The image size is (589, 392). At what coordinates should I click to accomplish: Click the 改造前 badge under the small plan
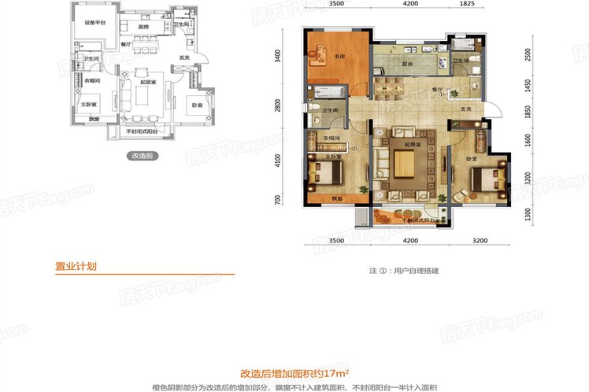(x=143, y=156)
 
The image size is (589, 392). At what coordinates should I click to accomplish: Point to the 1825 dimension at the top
(x=466, y=5)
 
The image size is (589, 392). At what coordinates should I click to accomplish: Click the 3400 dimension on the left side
(x=278, y=57)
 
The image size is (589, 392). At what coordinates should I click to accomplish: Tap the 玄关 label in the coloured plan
(x=465, y=109)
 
